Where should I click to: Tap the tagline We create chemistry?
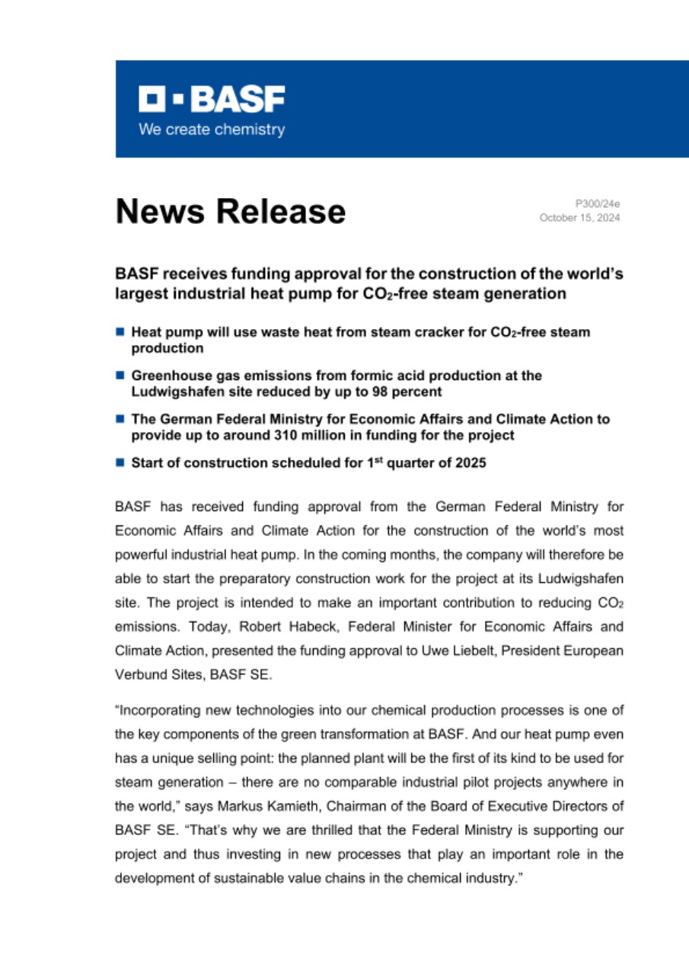click(212, 129)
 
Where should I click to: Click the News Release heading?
click(230, 211)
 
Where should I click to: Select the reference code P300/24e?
click(598, 204)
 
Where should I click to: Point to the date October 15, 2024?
click(580, 218)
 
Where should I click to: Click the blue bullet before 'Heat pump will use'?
click(120, 333)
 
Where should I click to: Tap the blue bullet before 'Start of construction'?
click(120, 462)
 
